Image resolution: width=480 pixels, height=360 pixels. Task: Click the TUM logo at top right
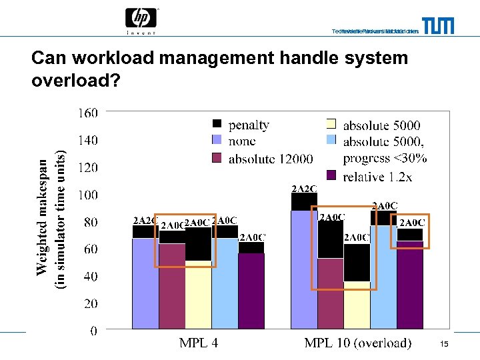click(x=439, y=26)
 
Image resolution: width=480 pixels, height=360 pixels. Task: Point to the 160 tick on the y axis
click(x=88, y=113)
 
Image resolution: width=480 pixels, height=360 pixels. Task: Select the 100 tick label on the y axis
click(x=88, y=195)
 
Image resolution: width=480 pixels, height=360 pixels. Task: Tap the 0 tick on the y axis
click(x=93, y=331)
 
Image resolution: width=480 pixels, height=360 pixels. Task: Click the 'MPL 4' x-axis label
click(x=198, y=343)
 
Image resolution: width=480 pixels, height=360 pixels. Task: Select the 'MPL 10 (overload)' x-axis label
click(x=357, y=343)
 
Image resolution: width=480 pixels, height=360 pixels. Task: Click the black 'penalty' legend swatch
click(x=217, y=124)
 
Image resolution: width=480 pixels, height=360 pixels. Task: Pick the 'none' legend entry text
click(x=242, y=141)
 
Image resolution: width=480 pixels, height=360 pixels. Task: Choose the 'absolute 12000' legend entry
click(x=271, y=159)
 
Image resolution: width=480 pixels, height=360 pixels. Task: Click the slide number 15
click(x=445, y=343)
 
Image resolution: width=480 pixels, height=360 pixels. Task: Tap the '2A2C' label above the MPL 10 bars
click(x=304, y=189)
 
